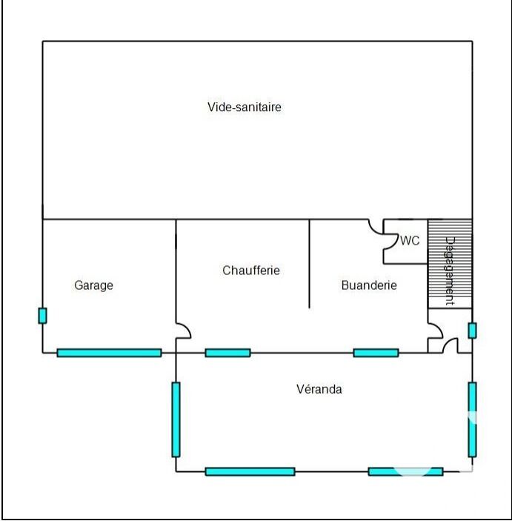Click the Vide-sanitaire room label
click(244, 107)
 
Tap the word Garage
click(94, 285)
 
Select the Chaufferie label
click(251, 271)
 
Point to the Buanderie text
click(369, 285)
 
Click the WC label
click(410, 241)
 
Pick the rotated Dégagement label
click(449, 271)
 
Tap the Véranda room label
click(319, 389)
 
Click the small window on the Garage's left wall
click(42, 315)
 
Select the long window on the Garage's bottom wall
click(109, 353)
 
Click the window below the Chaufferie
click(227, 353)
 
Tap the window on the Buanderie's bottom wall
click(376, 353)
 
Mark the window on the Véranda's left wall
click(176, 419)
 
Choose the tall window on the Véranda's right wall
click(472, 419)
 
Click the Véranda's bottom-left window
click(250, 471)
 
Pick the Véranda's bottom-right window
click(405, 471)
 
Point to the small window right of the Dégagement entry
click(472, 331)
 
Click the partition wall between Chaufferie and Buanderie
click(309, 263)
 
